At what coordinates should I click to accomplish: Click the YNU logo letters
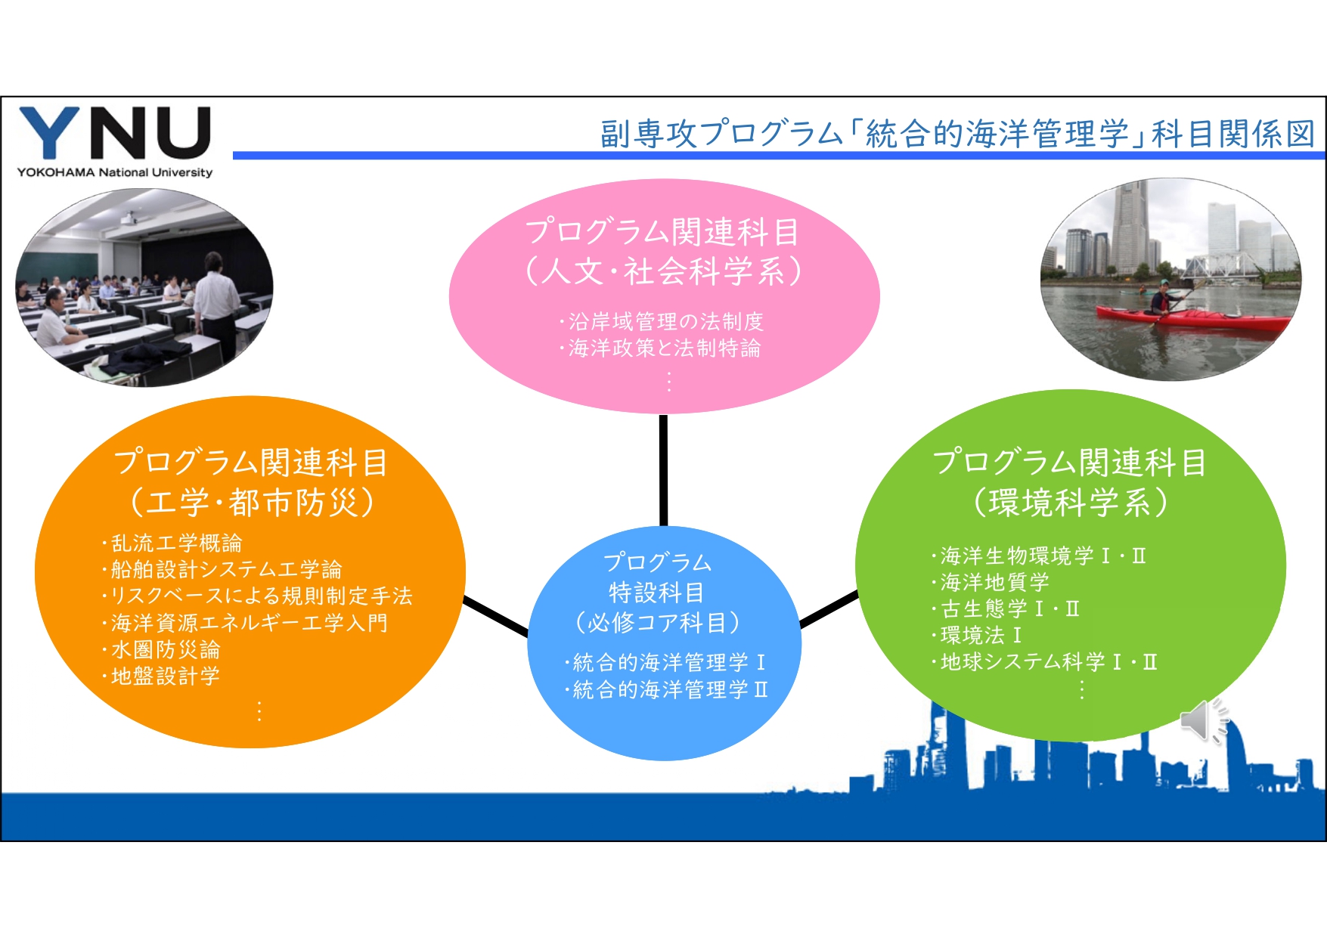pos(114,133)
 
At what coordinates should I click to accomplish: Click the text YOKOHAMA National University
pos(115,172)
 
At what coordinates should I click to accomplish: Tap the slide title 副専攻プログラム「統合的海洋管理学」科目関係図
pos(957,134)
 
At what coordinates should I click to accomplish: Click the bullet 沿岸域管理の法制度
pos(662,322)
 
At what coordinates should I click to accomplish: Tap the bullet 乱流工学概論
pos(172,543)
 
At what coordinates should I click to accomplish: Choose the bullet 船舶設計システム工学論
pos(222,570)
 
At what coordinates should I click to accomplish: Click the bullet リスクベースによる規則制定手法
pos(257,596)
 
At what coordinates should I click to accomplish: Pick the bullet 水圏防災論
pos(160,650)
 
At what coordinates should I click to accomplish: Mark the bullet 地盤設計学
pos(160,676)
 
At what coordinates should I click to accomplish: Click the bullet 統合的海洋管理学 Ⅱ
pos(666,690)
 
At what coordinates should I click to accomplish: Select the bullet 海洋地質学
pos(991,583)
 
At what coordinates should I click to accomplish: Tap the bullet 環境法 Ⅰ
pos(976,636)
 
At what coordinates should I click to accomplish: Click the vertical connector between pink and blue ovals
pos(663,470)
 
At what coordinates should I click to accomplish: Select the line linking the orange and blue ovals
pos(496,616)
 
